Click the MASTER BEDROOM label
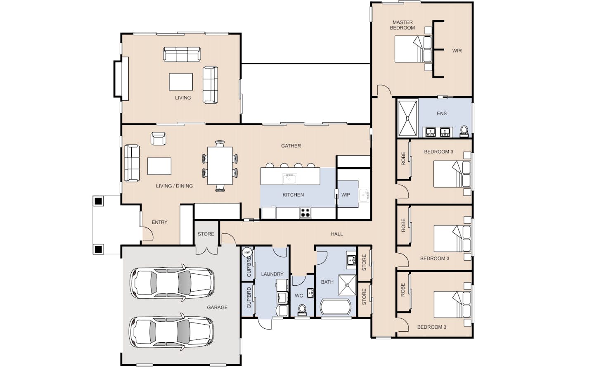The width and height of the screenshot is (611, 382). [403, 25]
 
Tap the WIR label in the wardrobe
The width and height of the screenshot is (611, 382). [457, 51]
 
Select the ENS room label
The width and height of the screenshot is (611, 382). [442, 114]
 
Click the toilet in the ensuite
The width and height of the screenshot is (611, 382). [464, 131]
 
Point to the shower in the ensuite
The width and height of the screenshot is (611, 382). [407, 118]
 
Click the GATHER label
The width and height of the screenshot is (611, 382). [291, 146]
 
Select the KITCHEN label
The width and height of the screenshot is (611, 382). [293, 195]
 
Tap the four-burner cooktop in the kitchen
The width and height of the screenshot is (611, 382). [305, 213]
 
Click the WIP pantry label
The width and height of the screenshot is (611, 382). [345, 195]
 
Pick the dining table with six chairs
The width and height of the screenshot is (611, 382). [220, 166]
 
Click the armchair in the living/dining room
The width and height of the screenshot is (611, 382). [158, 138]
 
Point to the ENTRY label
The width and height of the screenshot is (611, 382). [159, 222]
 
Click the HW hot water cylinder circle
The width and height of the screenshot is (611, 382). [247, 252]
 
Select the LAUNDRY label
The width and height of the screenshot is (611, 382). [272, 274]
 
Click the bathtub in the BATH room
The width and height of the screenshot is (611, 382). [336, 307]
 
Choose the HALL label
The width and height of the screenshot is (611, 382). [336, 234]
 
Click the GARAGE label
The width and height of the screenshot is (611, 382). [217, 308]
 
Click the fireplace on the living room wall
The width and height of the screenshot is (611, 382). [121, 79]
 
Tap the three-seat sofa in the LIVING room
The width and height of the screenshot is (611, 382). [182, 54]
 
